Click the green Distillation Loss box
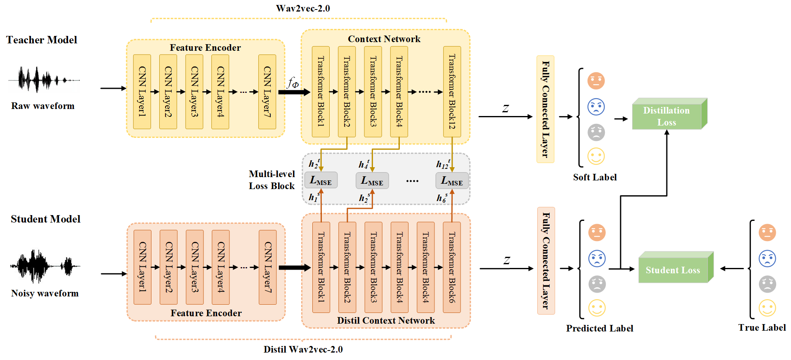pyautogui.click(x=667, y=116)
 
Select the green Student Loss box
pyautogui.click(x=673, y=270)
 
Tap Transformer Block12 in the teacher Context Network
pyautogui.click(x=452, y=92)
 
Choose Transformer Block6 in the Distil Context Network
pyautogui.click(x=452, y=267)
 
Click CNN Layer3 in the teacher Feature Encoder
pyautogui.click(x=194, y=92)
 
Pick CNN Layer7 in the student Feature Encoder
pyautogui.click(x=267, y=267)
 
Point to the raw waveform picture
pyautogui.click(x=43, y=79)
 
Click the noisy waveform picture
pyautogui.click(x=45, y=266)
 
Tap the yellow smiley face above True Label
pyautogui.click(x=767, y=308)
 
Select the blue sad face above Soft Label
pyautogui.click(x=596, y=107)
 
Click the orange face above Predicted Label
pyautogui.click(x=597, y=232)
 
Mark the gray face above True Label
pyautogui.click(x=767, y=284)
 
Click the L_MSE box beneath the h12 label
pyautogui.click(x=452, y=180)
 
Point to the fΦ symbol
pyautogui.click(x=293, y=83)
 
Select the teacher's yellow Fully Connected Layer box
pyautogui.click(x=545, y=109)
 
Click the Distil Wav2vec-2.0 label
pyautogui.click(x=303, y=349)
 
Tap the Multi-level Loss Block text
pyautogui.click(x=272, y=180)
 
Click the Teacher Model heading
pyautogui.click(x=42, y=40)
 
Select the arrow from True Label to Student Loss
pyautogui.click(x=732, y=268)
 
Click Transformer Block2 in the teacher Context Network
pyautogui.click(x=347, y=92)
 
